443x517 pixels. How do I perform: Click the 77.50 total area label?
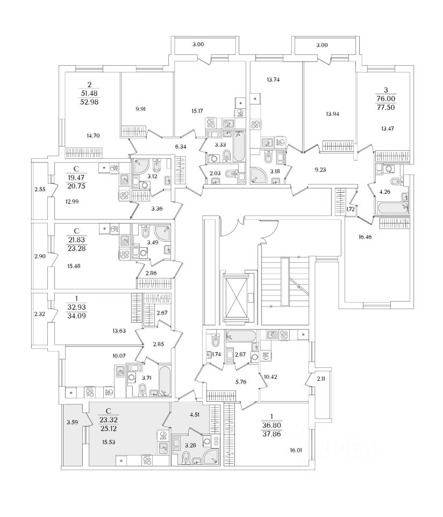(x=385, y=107)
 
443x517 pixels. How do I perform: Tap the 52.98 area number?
(x=89, y=102)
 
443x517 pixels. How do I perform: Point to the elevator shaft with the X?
(x=235, y=298)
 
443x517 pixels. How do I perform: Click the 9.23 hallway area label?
(x=320, y=170)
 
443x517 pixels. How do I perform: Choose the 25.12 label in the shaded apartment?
(x=108, y=429)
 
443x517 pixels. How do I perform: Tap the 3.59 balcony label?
(x=72, y=422)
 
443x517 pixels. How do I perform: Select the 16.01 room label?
(x=295, y=450)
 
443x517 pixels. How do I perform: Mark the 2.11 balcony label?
(x=321, y=379)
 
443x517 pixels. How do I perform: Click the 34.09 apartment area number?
(x=76, y=316)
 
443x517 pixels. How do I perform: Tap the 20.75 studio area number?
(x=76, y=186)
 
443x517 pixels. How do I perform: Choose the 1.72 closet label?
(x=351, y=209)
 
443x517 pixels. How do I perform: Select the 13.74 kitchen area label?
(x=273, y=80)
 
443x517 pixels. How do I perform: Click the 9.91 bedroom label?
(x=140, y=109)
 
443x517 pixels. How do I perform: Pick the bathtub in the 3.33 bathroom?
(x=239, y=146)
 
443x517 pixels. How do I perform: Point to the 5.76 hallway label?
(x=241, y=382)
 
